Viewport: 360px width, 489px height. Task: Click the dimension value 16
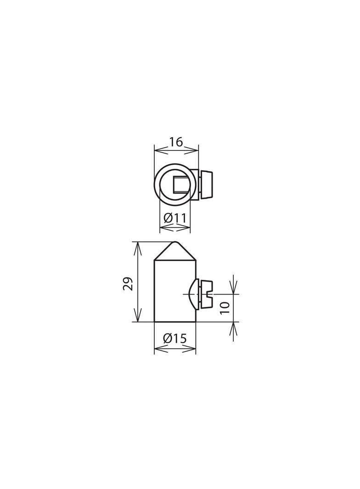click(x=176, y=142)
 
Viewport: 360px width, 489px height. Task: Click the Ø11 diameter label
click(x=175, y=218)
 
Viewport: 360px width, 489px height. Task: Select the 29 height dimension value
click(x=128, y=283)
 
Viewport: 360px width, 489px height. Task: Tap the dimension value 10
click(x=225, y=308)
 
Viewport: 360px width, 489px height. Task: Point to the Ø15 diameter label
click(x=175, y=339)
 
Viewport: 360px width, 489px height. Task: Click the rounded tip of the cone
click(x=175, y=243)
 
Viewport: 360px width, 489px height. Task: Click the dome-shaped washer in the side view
click(x=197, y=294)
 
